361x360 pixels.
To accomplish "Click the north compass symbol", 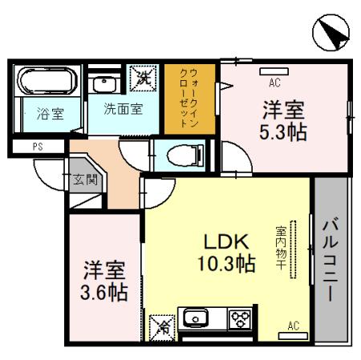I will tap(330, 33).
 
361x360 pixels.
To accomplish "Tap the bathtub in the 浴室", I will tap(47, 83).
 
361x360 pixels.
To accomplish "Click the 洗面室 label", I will tap(124, 109).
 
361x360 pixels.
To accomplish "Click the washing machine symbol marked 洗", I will tap(145, 79).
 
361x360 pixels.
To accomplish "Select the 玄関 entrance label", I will tap(85, 180).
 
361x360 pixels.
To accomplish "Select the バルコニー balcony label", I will tap(329, 257).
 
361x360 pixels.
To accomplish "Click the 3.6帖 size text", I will tap(103, 291).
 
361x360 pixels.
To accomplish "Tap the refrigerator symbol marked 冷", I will tap(161, 326).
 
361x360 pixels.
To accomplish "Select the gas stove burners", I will tap(239, 319).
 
